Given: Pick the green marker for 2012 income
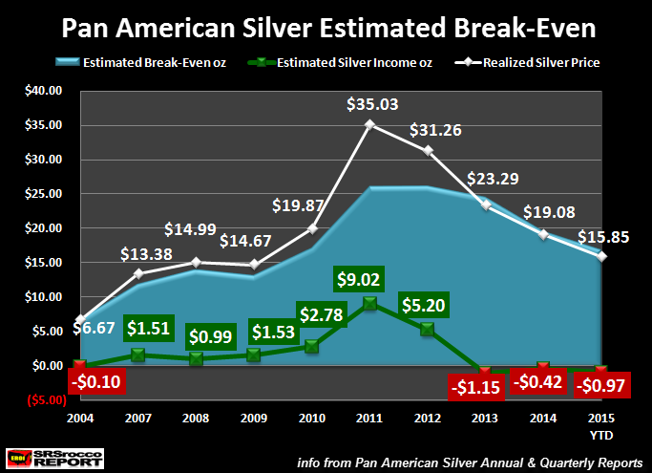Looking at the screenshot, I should click(x=427, y=329).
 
